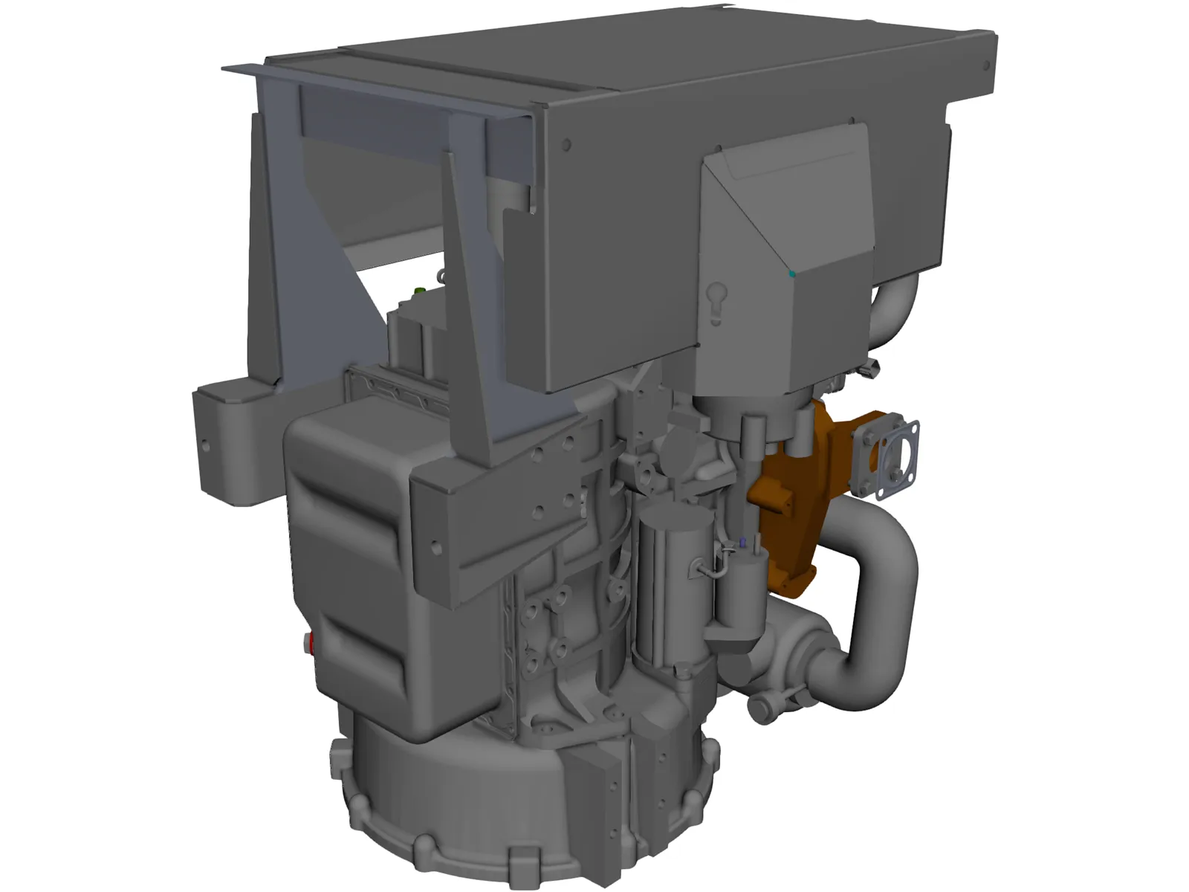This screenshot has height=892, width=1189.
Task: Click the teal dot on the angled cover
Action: (x=792, y=274)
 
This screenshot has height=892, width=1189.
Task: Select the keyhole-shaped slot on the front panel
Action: (x=715, y=302)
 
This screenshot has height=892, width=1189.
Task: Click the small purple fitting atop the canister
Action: (x=741, y=544)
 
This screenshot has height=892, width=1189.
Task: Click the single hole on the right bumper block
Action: (x=436, y=549)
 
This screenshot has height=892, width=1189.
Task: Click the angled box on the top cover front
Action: (x=788, y=223)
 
